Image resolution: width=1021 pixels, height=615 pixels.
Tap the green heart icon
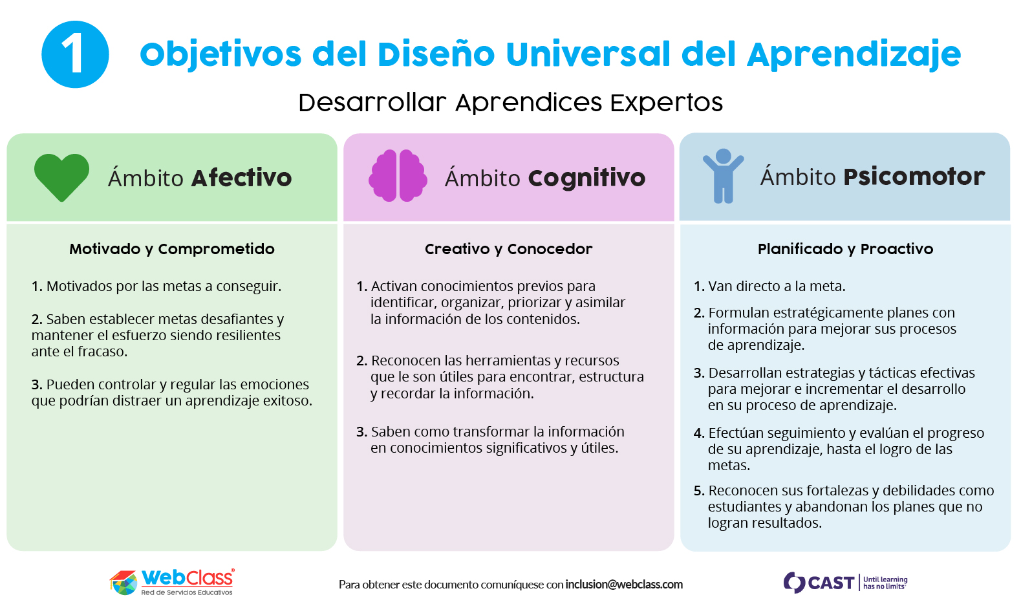pos(61,177)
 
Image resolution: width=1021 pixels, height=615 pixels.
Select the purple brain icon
pos(398,175)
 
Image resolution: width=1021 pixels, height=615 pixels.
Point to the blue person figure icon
pos(723,175)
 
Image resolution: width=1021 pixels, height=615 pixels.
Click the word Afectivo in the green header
pos(242,178)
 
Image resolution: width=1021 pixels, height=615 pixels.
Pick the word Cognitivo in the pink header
pos(586,178)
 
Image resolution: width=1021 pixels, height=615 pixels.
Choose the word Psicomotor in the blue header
pos(914,177)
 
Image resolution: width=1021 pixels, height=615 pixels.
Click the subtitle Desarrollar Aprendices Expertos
pos(511,102)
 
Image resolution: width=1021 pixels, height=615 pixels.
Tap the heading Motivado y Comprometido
pos(172,249)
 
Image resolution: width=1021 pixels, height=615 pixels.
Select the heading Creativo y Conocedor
pos(509,249)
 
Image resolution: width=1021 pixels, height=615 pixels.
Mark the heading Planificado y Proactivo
pos(846,249)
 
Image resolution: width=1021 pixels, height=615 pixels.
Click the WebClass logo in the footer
pos(172,582)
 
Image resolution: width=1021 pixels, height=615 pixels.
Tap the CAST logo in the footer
pos(846,583)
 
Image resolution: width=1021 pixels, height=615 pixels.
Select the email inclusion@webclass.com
pos(624,585)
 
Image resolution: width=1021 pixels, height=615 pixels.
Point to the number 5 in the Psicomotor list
pos(699,491)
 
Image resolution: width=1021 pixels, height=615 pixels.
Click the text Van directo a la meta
pos(777,286)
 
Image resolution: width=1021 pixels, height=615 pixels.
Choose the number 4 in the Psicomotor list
pos(699,433)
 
